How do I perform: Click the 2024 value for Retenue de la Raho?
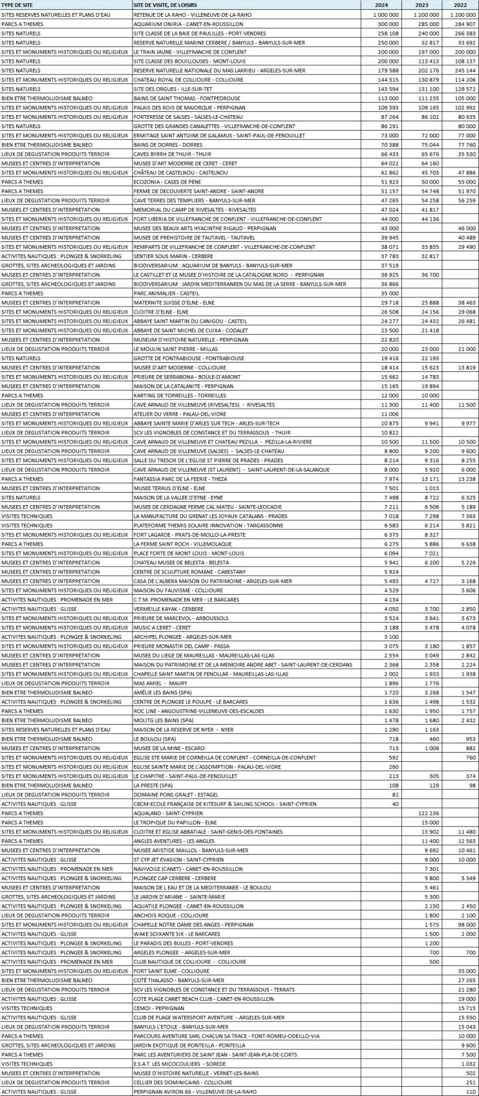point(386,14)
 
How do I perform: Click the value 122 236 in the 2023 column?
point(427,813)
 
